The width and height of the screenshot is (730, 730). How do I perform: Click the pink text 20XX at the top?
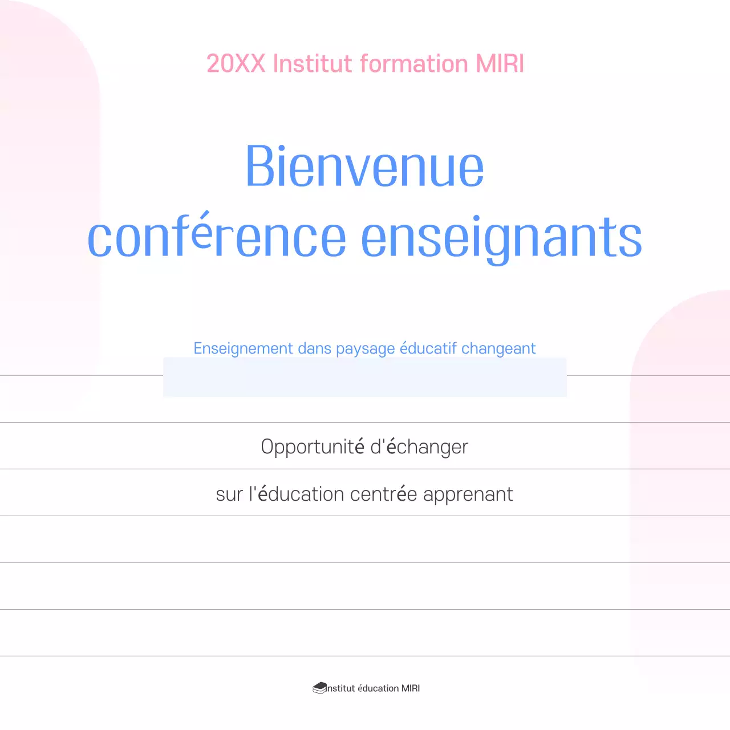[236, 63]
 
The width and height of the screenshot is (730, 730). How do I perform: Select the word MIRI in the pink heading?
[500, 63]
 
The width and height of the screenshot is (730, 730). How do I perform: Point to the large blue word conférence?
[217, 237]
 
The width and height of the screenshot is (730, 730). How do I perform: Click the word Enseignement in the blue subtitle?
[243, 348]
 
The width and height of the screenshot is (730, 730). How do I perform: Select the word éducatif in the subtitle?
[428, 348]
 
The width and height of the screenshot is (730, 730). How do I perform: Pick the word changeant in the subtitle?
[498, 349]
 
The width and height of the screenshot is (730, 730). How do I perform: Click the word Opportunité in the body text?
[313, 447]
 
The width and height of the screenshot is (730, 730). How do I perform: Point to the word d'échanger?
[419, 447]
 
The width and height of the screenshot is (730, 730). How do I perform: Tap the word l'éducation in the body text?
[296, 494]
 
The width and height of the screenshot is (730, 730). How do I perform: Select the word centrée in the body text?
[383, 494]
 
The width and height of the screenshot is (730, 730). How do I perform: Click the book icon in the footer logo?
[319, 688]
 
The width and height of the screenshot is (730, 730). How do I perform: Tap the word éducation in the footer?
[378, 688]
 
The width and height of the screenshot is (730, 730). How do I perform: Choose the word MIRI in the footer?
[411, 688]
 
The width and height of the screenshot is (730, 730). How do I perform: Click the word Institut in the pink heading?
[313, 63]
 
